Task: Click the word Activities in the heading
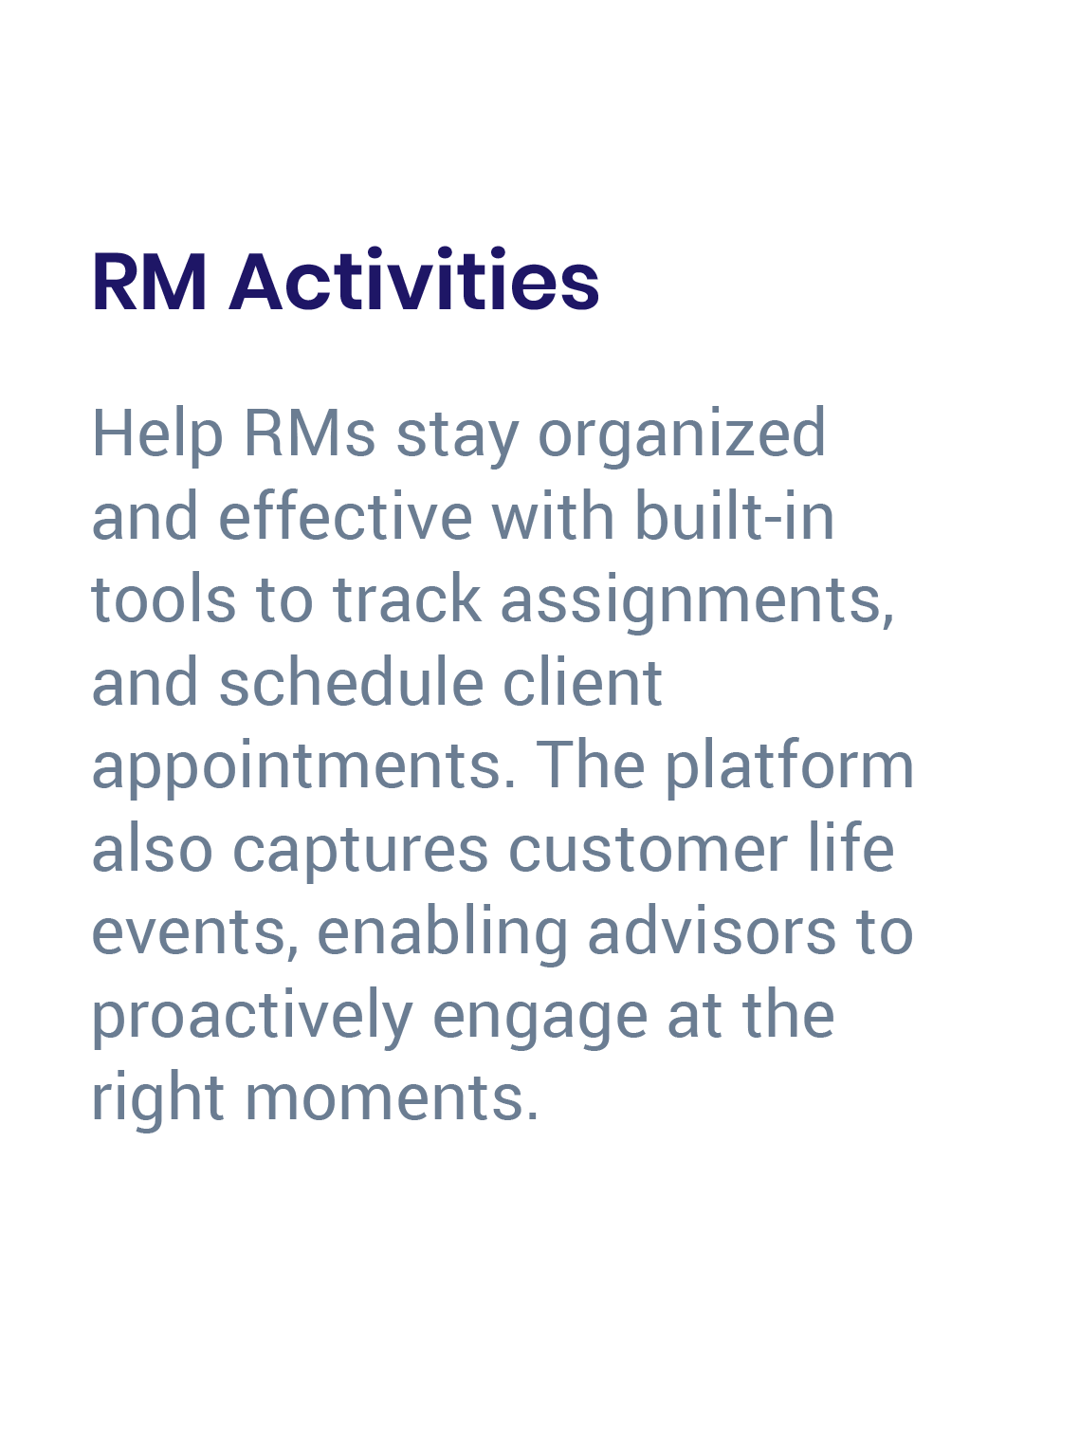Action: (x=414, y=282)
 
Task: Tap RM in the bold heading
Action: (x=149, y=282)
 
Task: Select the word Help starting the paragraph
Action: (x=157, y=434)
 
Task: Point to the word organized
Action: (x=682, y=434)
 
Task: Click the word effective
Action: (x=345, y=517)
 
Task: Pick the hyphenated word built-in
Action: (x=735, y=517)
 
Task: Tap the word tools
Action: (x=163, y=599)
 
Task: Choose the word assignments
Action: (x=697, y=601)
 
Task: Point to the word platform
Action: (x=789, y=766)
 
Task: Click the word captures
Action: (x=361, y=850)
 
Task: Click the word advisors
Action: (x=712, y=932)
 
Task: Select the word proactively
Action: (x=252, y=1016)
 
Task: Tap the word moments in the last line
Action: (x=392, y=1098)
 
